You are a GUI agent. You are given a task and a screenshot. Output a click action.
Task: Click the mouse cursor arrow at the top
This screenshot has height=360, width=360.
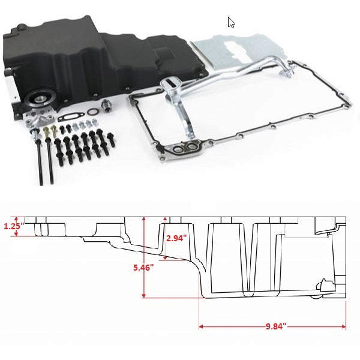click(x=231, y=23)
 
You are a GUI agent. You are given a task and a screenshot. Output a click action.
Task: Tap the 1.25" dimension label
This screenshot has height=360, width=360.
click(x=12, y=227)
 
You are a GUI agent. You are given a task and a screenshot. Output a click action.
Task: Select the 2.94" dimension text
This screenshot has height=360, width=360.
click(x=176, y=238)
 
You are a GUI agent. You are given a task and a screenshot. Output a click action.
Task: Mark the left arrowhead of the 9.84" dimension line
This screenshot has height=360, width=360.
click(x=201, y=327)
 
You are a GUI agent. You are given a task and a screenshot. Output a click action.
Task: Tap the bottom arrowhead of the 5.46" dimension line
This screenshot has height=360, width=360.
click(x=144, y=296)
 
